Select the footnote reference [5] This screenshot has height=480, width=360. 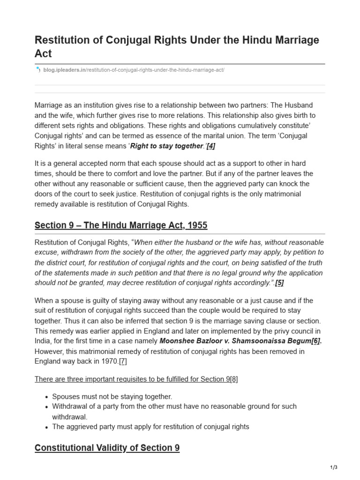pyautogui.click(x=279, y=283)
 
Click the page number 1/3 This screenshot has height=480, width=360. pyautogui.click(x=333, y=467)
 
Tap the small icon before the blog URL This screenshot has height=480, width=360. pyautogui.click(x=38, y=70)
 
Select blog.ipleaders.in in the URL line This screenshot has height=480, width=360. pyautogui.click(x=64, y=70)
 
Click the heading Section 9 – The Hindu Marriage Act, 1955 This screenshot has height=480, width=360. pyautogui.click(x=121, y=225)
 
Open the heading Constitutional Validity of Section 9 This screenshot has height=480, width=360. pyautogui.click(x=107, y=448)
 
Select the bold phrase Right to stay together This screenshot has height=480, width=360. pyautogui.click(x=167, y=146)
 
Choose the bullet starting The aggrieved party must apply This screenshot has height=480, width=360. pyautogui.click(x=150, y=427)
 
